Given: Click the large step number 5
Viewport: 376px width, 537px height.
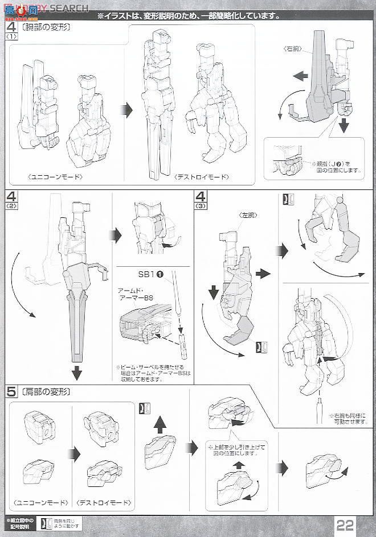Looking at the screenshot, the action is [x=11, y=393].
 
